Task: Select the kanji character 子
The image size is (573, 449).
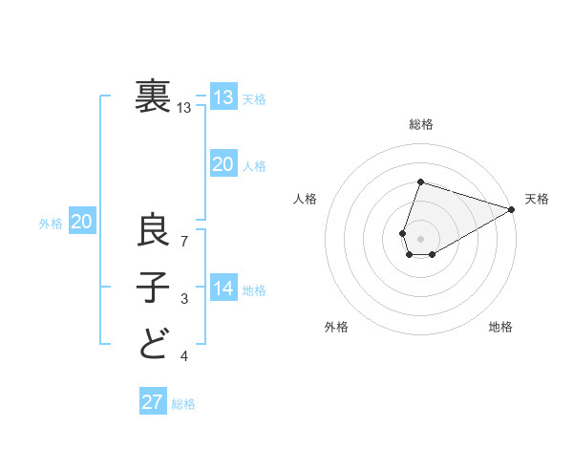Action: (x=154, y=288)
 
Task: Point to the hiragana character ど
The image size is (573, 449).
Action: (x=154, y=343)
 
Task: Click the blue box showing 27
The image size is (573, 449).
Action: (x=153, y=402)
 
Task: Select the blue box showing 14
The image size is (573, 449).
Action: (x=223, y=289)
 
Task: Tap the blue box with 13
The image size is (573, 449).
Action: (x=223, y=98)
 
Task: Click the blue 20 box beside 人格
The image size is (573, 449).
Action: (x=223, y=165)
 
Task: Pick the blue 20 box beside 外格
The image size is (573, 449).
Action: (x=82, y=223)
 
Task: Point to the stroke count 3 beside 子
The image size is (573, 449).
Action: (x=184, y=300)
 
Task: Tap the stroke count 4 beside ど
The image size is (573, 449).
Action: (x=184, y=356)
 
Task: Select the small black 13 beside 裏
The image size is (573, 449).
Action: (x=184, y=109)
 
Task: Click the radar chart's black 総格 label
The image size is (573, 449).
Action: (x=421, y=124)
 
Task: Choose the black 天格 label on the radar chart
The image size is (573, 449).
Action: (x=537, y=199)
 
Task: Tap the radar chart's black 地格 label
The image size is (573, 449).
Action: (x=500, y=327)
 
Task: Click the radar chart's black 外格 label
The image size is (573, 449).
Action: (x=336, y=327)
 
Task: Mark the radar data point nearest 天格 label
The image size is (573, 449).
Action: (x=512, y=209)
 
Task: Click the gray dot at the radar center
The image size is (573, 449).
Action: (x=420, y=237)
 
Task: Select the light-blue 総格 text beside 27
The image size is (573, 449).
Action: (x=183, y=404)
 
